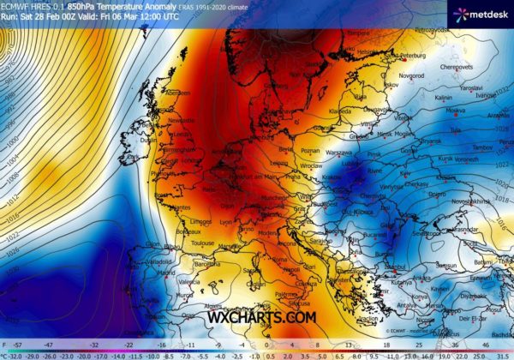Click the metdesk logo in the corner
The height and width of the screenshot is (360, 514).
480,13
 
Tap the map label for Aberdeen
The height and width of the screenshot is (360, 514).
178,93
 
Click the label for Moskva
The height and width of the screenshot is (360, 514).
455,111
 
